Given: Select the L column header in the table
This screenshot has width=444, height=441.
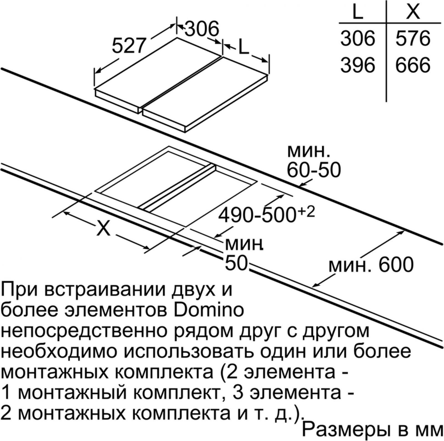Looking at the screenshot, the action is click(358, 11).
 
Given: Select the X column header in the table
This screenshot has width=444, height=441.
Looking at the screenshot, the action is click(413, 11).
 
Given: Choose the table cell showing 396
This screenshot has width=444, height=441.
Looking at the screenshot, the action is click(358, 65).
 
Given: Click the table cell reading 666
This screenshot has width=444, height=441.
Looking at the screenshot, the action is click(413, 65).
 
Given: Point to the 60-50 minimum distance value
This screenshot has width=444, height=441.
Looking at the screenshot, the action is click(313, 170).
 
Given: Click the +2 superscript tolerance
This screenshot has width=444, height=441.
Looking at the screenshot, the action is click(306, 211).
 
